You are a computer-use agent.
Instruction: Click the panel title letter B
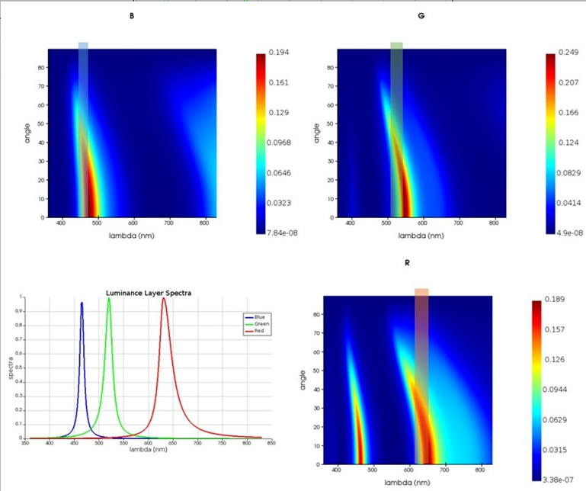point(132,16)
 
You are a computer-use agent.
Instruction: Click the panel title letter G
point(421,15)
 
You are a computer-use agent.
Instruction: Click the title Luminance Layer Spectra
point(146,293)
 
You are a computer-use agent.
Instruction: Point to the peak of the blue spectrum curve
point(82,303)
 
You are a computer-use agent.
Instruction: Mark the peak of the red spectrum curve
point(163,298)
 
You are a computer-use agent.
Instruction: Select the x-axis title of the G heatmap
point(420,236)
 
